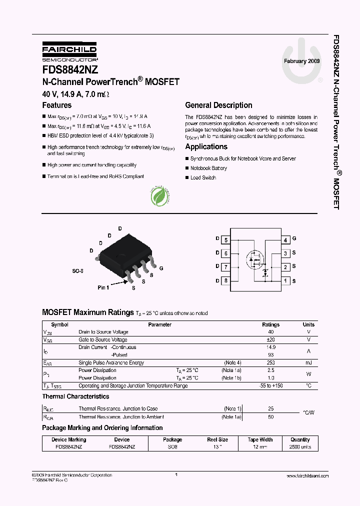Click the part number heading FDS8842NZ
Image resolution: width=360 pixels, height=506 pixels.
coord(70,70)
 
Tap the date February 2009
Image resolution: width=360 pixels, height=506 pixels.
coord(301,60)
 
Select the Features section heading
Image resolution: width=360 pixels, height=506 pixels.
coord(56,105)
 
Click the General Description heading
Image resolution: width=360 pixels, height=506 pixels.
coord(218,105)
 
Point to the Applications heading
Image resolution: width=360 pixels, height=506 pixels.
coord(206,146)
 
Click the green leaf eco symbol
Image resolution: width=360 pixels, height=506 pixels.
coord(161,196)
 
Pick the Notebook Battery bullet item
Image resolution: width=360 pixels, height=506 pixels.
coord(208,168)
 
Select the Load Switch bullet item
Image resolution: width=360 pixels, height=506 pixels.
coord(203,178)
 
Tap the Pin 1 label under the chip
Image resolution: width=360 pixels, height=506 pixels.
coord(103,287)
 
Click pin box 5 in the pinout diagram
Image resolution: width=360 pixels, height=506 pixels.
coord(226,240)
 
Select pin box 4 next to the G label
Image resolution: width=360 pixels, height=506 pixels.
coord(285,240)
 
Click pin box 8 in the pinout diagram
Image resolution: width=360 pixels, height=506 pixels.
coord(226,280)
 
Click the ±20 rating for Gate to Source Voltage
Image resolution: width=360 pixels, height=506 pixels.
coord(271,339)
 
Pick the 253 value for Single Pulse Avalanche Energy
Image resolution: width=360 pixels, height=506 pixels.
coord(271,362)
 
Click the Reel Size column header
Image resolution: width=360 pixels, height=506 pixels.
coord(217,439)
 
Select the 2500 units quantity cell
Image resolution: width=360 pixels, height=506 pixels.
coord(300,447)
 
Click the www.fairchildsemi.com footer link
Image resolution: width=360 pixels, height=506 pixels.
coord(306,476)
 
